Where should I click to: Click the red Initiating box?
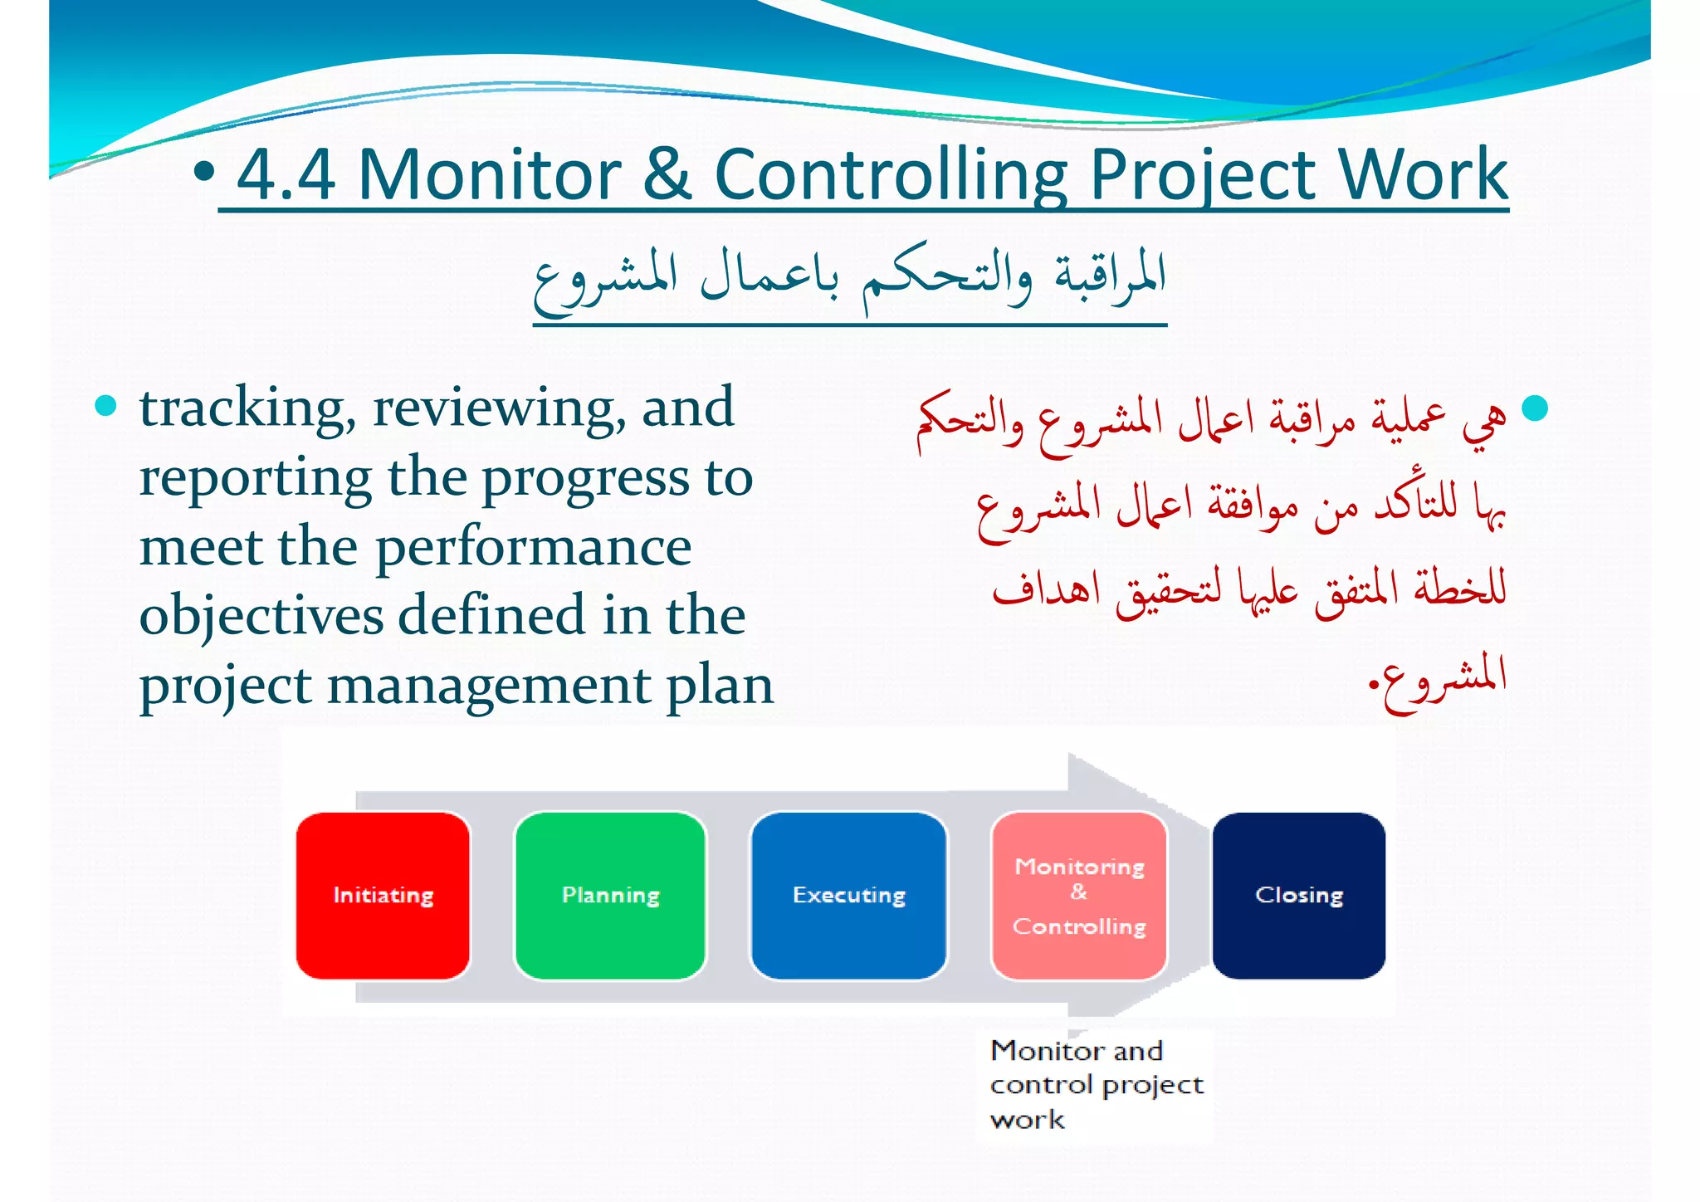point(383,895)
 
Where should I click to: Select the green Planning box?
point(610,895)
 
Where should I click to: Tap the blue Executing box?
point(848,895)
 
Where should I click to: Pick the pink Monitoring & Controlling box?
point(1079,895)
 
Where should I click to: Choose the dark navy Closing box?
point(1298,895)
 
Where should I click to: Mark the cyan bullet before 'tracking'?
point(105,406)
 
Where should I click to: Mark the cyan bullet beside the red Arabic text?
point(1535,408)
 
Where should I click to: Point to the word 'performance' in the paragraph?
point(533,549)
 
